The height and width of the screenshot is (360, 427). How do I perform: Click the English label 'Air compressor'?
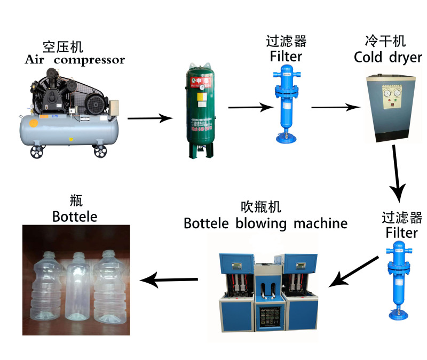pos(75,59)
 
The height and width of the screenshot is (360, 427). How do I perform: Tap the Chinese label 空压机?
pos(64,46)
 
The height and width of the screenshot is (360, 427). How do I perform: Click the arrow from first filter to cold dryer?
pos(335,107)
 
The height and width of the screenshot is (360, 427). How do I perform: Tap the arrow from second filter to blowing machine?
pos(353,270)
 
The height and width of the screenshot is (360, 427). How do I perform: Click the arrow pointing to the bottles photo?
pos(169,278)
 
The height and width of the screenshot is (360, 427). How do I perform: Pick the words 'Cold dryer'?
pos(388,58)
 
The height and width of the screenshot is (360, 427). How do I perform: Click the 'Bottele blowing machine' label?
pos(265,223)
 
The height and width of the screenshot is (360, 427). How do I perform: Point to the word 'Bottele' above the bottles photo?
pos(75,216)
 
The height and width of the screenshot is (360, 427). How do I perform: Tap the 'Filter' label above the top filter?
pos(286,56)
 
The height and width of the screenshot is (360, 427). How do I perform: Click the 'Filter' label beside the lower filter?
pos(401,233)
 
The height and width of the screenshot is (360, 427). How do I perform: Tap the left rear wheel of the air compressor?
pos(37,153)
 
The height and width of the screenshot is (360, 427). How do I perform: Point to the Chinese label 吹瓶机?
pos(265,207)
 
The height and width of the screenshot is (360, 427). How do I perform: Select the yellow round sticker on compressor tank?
pos(33,123)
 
